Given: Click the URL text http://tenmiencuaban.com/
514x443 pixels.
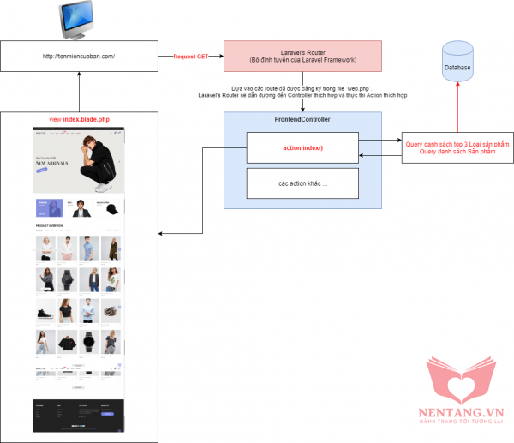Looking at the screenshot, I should (x=78, y=57).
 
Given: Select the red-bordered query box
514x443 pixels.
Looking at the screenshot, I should (x=452, y=147).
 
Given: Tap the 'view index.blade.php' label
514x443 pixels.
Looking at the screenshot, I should (x=78, y=119).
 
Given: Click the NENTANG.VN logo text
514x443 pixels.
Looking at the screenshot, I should (x=467, y=410).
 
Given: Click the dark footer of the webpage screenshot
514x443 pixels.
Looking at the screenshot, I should (x=78, y=414).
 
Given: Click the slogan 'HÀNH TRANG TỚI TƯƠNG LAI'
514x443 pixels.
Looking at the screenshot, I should (x=467, y=422).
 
